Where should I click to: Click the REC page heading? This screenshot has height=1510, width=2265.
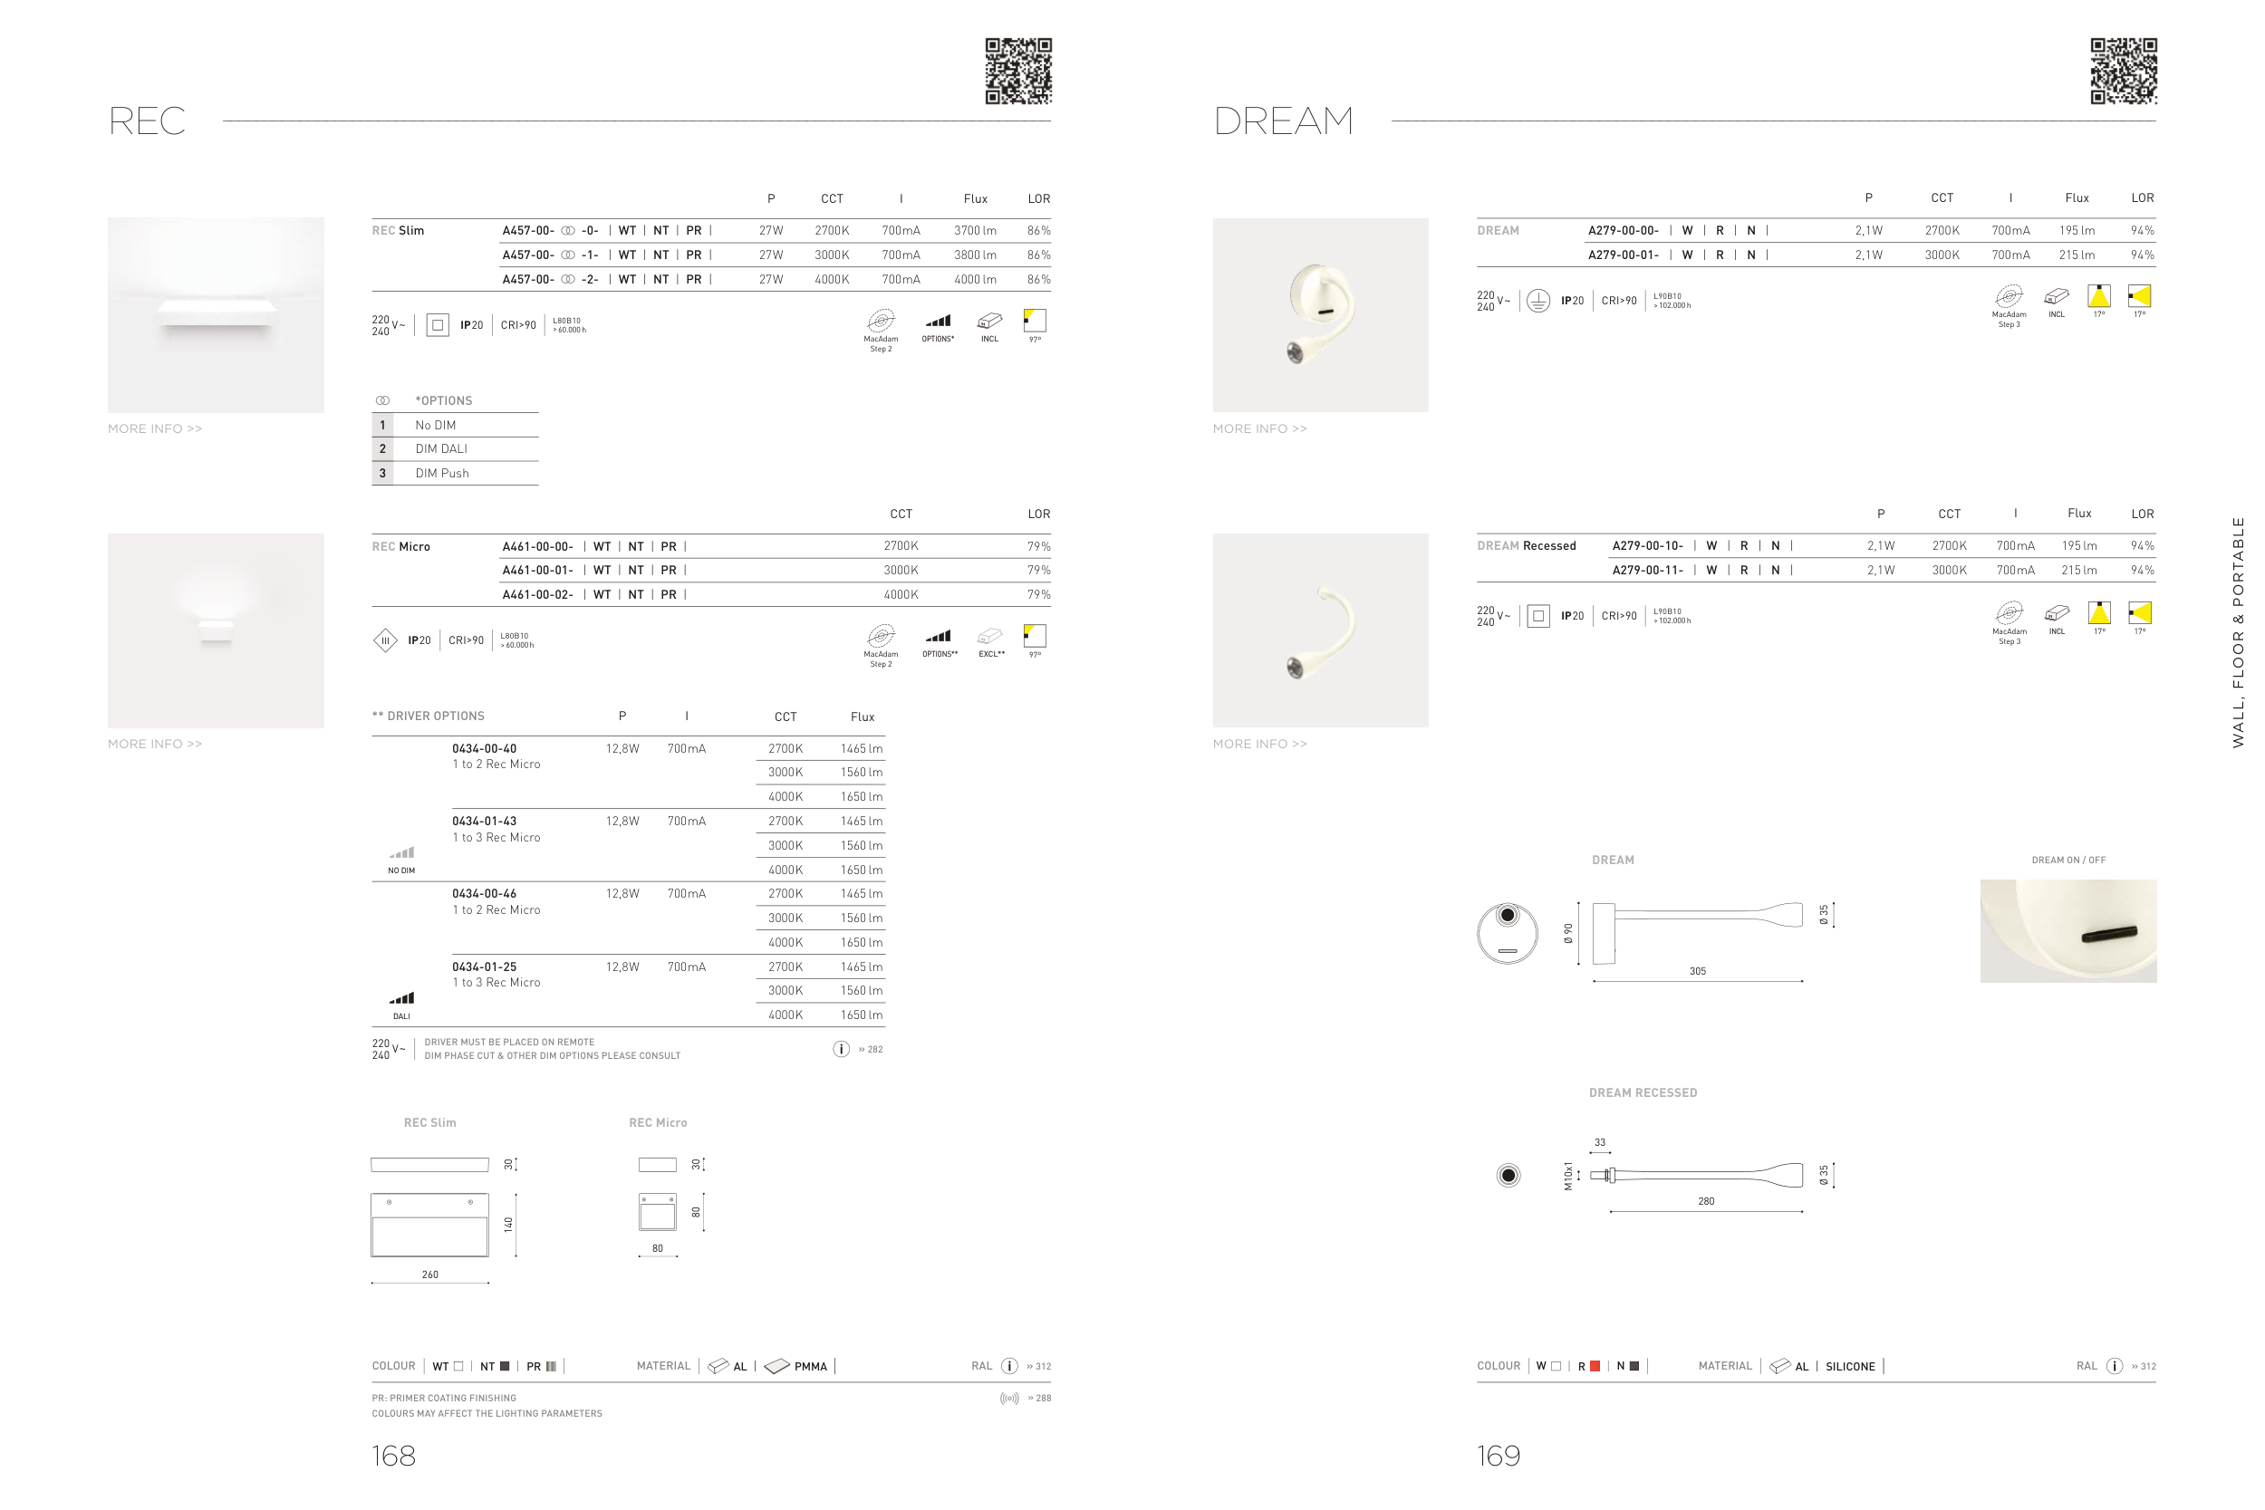147,121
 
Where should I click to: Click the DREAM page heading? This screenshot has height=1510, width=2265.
1283,121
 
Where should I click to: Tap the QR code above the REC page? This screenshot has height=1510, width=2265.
1018,72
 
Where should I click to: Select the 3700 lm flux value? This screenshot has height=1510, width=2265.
975,231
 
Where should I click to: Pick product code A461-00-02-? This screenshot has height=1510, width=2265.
537,595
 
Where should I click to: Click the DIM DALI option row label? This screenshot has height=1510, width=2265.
441,448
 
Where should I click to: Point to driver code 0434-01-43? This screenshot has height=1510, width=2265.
485,822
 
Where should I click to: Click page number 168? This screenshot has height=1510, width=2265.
394,1455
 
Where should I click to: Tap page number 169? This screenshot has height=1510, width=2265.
1499,1455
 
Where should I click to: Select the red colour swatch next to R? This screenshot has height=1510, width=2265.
1595,1366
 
